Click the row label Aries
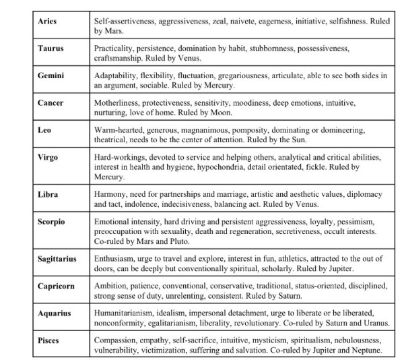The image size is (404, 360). [47, 22]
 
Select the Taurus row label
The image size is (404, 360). [50, 49]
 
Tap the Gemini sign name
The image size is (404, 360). [51, 76]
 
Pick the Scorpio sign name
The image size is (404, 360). [51, 221]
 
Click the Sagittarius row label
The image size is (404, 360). [57, 258]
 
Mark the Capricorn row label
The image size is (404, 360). [55, 286]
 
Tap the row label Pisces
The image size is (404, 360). [48, 340]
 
